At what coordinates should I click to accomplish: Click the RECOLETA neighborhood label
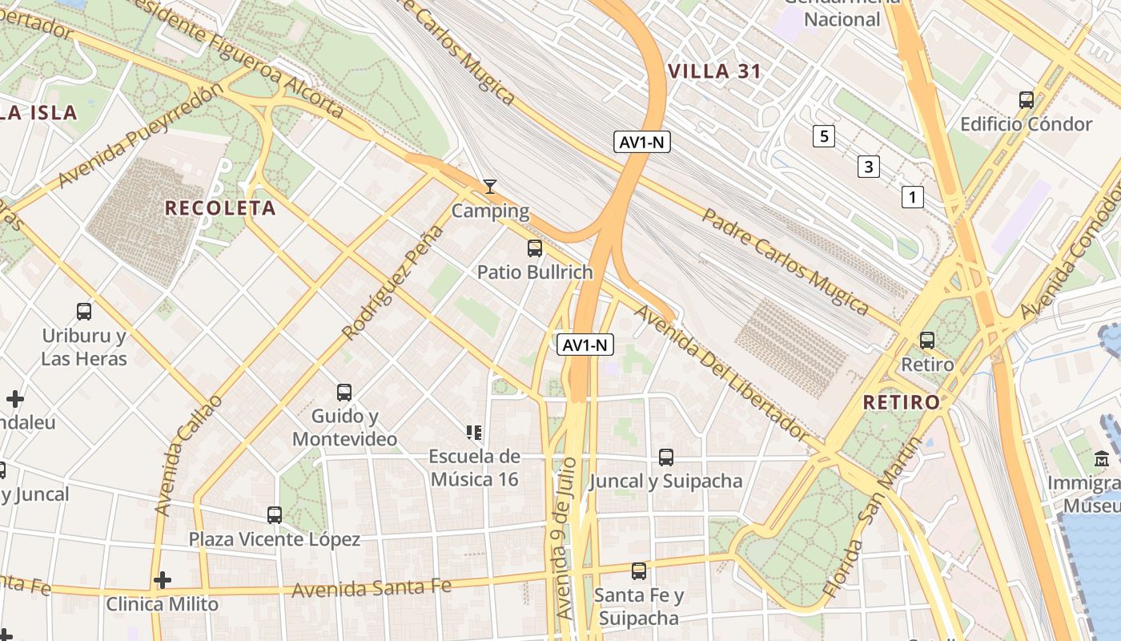[x=220, y=208]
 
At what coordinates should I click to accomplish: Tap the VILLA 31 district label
[x=714, y=71]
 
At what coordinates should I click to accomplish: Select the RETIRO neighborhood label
[x=901, y=402]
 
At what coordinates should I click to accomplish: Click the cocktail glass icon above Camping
[x=490, y=187]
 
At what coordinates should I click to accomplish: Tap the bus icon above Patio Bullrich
[x=535, y=248]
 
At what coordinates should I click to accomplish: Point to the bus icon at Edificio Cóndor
[x=1027, y=100]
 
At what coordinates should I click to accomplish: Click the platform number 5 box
[x=823, y=136]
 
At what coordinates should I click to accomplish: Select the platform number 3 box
[x=868, y=167]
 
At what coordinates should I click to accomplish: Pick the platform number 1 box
[x=912, y=196]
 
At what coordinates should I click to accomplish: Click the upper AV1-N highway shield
[x=642, y=143]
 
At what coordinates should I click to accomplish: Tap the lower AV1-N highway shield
[x=585, y=345]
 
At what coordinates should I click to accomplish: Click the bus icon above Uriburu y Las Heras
[x=84, y=312]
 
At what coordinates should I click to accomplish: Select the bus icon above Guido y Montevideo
[x=344, y=393]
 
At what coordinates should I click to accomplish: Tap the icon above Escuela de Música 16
[x=474, y=433]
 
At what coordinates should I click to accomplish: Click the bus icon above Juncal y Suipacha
[x=666, y=458]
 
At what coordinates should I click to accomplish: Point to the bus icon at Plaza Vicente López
[x=275, y=515]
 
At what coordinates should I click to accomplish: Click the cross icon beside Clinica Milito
[x=163, y=579]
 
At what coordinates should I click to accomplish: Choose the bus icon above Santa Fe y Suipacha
[x=639, y=571]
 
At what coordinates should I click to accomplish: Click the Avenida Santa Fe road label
[x=372, y=589]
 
